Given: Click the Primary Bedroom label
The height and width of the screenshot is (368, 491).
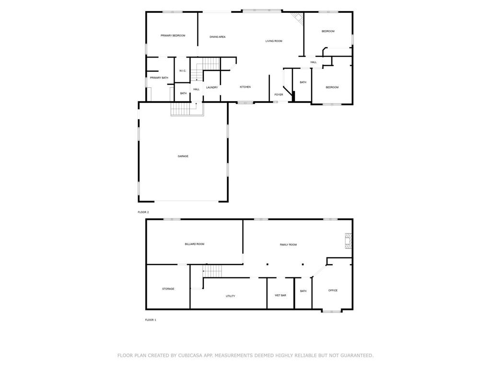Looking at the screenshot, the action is (x=173, y=35).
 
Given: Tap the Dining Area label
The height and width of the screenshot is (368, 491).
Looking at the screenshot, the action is (x=217, y=37).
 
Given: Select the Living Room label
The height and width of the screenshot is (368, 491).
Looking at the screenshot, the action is (x=274, y=41).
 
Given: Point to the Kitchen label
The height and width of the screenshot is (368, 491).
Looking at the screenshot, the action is (x=245, y=87).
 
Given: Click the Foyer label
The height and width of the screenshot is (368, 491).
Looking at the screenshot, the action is (x=279, y=94).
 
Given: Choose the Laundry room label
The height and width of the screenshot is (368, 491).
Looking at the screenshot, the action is (x=212, y=87).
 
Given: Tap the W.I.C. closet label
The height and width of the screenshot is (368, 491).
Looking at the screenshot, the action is (x=183, y=71).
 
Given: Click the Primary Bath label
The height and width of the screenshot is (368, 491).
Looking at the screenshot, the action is (x=159, y=78).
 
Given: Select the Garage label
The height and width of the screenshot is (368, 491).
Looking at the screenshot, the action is (x=183, y=156).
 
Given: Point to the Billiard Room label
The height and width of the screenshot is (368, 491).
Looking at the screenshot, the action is (x=195, y=244).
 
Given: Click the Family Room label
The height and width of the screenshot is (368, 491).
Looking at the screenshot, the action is (x=288, y=245).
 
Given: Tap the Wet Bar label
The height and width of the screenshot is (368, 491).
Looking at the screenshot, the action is (x=280, y=295).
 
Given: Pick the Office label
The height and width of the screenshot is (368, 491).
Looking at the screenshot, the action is (x=333, y=290).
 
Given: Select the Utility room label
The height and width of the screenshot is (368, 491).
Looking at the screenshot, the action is (x=231, y=296).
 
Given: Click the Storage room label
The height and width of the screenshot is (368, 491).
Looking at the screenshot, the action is (x=168, y=289).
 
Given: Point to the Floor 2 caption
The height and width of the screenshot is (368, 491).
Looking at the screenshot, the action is (x=143, y=212).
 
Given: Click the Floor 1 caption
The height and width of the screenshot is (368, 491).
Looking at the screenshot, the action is (x=150, y=320).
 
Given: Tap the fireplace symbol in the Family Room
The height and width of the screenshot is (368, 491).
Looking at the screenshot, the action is (x=348, y=241).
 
